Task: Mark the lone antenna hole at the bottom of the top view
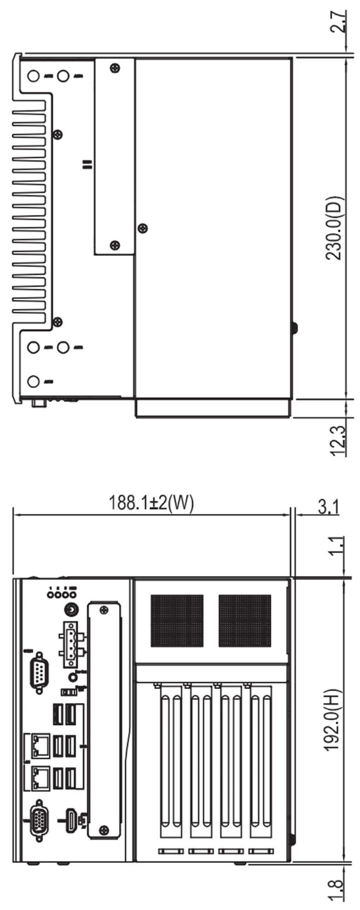33,380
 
